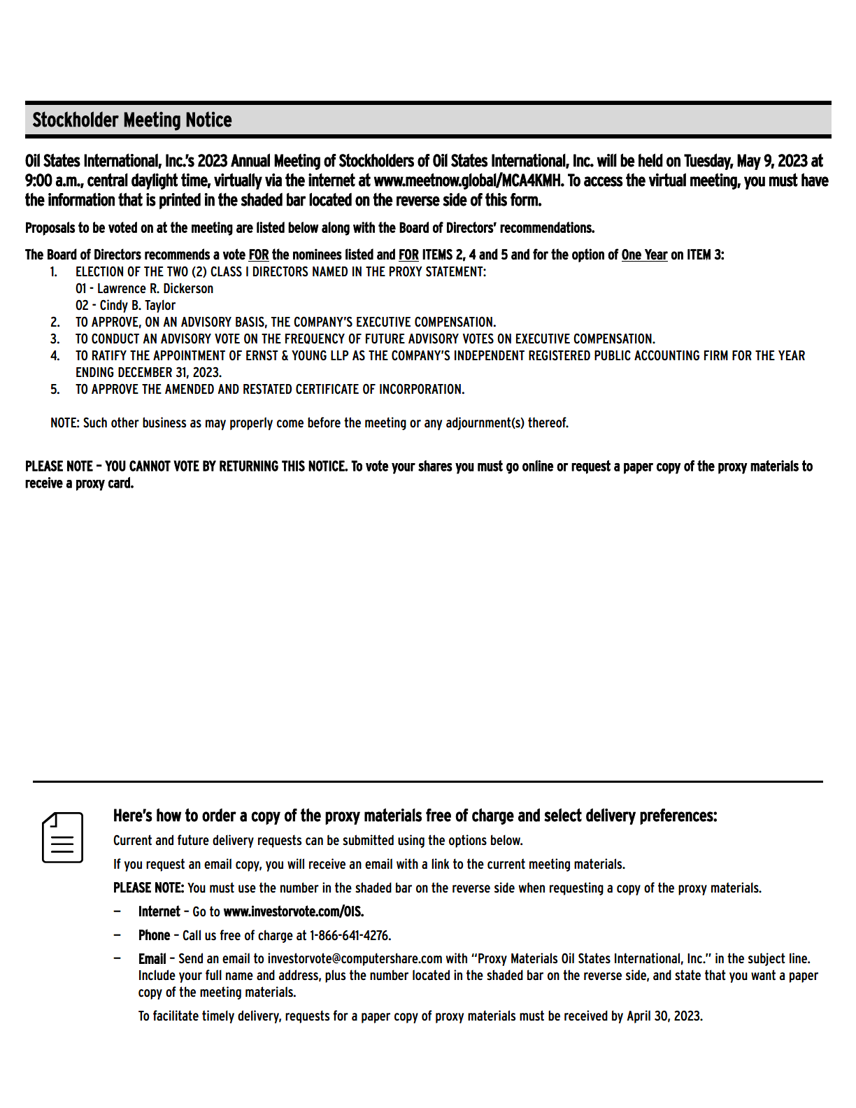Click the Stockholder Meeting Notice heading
point(132,120)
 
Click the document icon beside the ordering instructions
point(63,837)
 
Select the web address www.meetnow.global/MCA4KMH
point(468,181)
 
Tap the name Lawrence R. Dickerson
point(155,289)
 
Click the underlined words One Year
point(644,255)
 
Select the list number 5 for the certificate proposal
point(55,390)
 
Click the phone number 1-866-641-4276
point(350,936)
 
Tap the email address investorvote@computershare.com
point(355,959)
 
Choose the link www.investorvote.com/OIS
point(293,912)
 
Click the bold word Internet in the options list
point(159,912)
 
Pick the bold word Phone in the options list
point(154,936)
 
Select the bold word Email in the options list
point(152,959)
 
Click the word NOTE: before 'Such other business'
point(65,423)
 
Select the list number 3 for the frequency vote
point(55,339)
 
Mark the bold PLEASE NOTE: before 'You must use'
point(148,888)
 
